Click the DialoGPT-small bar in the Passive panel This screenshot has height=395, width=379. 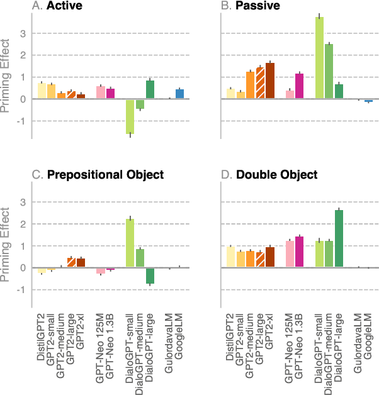pyautogui.click(x=319, y=58)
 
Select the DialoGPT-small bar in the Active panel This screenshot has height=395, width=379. pyautogui.click(x=130, y=116)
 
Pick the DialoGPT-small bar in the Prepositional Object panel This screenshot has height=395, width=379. pyautogui.click(x=130, y=243)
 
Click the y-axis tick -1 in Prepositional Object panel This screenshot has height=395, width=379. pyautogui.click(x=23, y=290)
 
